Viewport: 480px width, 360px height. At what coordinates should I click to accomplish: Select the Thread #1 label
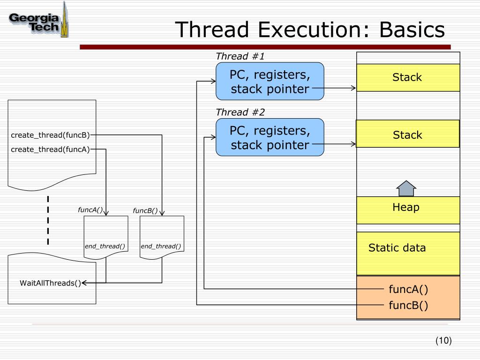pyautogui.click(x=240, y=57)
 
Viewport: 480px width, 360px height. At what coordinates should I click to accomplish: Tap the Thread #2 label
pyautogui.click(x=240, y=112)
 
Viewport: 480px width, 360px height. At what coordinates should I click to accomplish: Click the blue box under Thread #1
pyautogui.click(x=270, y=82)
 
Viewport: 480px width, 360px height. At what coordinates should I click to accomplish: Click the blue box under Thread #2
pyautogui.click(x=270, y=137)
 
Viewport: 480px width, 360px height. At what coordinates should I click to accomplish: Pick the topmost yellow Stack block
pyautogui.click(x=407, y=78)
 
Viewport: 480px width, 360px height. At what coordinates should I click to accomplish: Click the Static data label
pyautogui.click(x=397, y=248)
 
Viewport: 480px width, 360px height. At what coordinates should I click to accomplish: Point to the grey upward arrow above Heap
pyautogui.click(x=406, y=188)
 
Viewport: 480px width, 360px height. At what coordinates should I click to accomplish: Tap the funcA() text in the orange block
pyautogui.click(x=408, y=289)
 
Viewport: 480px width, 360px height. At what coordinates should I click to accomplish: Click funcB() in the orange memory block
pyautogui.click(x=408, y=306)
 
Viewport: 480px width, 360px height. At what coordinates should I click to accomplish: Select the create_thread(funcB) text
pyautogui.click(x=50, y=135)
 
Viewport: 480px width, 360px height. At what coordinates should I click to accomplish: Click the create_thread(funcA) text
pyautogui.click(x=50, y=150)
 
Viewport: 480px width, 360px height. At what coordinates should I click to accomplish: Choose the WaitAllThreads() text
pyautogui.click(x=51, y=283)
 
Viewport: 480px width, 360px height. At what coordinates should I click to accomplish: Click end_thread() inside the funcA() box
pyautogui.click(x=105, y=247)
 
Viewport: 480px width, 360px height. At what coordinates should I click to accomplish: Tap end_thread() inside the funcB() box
pyautogui.click(x=161, y=247)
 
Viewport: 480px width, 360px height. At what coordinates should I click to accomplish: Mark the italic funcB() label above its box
pyautogui.click(x=145, y=211)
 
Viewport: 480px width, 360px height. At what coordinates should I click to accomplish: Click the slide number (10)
pyautogui.click(x=443, y=341)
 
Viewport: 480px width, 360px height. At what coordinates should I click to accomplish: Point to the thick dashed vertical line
pyautogui.click(x=48, y=220)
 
